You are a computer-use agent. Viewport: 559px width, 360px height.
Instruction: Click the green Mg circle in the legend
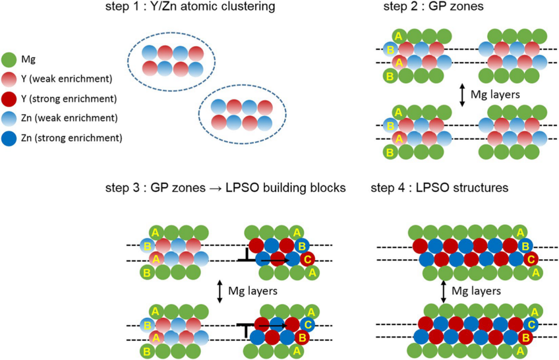[10, 60]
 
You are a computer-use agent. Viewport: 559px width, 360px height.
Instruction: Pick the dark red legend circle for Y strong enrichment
[10, 99]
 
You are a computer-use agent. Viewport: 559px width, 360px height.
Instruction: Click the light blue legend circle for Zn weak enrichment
[10, 119]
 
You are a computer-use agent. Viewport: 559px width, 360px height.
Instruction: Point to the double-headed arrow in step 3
[220, 290]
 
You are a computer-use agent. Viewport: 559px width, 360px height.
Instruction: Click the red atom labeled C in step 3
[307, 260]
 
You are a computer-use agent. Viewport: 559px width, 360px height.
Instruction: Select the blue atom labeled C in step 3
[307, 325]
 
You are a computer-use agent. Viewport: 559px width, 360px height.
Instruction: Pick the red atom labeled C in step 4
[533, 260]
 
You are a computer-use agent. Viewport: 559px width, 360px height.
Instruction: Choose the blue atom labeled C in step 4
[533, 325]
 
